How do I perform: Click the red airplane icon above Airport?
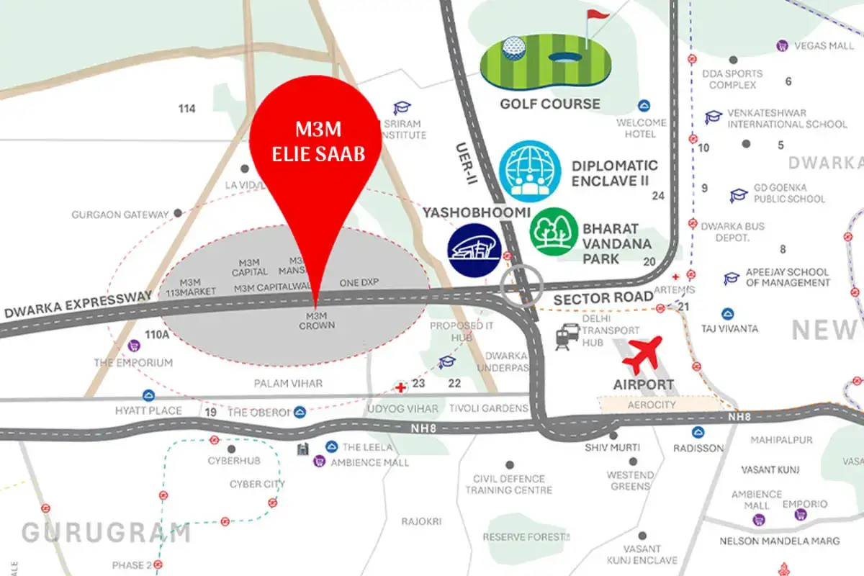tap(643, 354)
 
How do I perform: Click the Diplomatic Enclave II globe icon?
tap(530, 171)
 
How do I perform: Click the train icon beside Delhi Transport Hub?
tap(567, 336)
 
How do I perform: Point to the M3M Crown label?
tap(317, 320)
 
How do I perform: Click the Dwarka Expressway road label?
tap(78, 305)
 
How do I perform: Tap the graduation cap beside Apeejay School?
tap(732, 278)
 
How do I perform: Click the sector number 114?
tap(187, 109)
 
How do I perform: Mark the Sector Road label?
tap(603, 297)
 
